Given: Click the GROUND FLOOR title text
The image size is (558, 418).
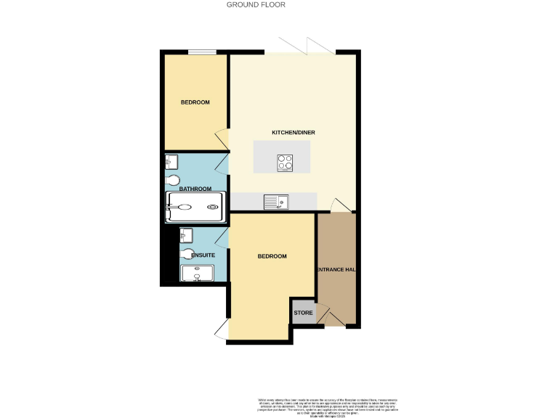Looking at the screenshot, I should pos(256,4).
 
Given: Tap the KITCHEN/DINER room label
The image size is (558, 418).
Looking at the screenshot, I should pos(293,133).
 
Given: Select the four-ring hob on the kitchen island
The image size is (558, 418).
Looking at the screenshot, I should pos(285,163).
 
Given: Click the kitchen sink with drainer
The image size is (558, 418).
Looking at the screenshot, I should pos(276,201).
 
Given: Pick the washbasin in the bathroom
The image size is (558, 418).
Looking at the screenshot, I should pos(171,161).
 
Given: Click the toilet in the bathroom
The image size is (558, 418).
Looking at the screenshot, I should pos(173,180).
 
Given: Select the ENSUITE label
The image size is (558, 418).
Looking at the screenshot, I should pos(203,255).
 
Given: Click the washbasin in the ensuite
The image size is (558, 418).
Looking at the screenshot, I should pos(187,235).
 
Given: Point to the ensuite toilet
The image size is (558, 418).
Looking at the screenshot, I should pos(189,254).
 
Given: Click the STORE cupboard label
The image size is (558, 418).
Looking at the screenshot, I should pos(303,313).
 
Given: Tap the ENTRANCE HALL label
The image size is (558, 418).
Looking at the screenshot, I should pos(336,270).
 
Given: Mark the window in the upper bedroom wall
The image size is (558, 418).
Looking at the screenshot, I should pos(202,52).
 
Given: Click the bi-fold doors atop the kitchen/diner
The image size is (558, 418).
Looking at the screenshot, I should pos(308,47).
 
